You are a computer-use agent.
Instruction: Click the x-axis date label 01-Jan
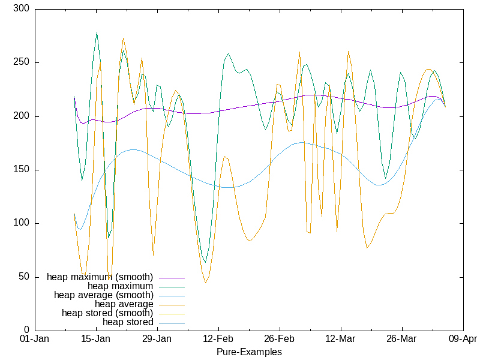(34, 339)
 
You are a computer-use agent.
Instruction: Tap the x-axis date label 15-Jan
(95, 339)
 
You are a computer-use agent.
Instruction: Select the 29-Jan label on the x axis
(157, 339)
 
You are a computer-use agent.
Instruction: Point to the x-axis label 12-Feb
(218, 339)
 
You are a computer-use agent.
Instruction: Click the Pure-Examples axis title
(249, 352)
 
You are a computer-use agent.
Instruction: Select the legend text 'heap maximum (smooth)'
(100, 277)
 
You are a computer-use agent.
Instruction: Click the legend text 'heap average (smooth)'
(103, 295)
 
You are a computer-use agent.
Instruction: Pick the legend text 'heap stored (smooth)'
(107, 313)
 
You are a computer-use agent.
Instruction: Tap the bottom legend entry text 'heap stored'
(128, 322)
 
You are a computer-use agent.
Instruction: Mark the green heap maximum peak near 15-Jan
(97, 32)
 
